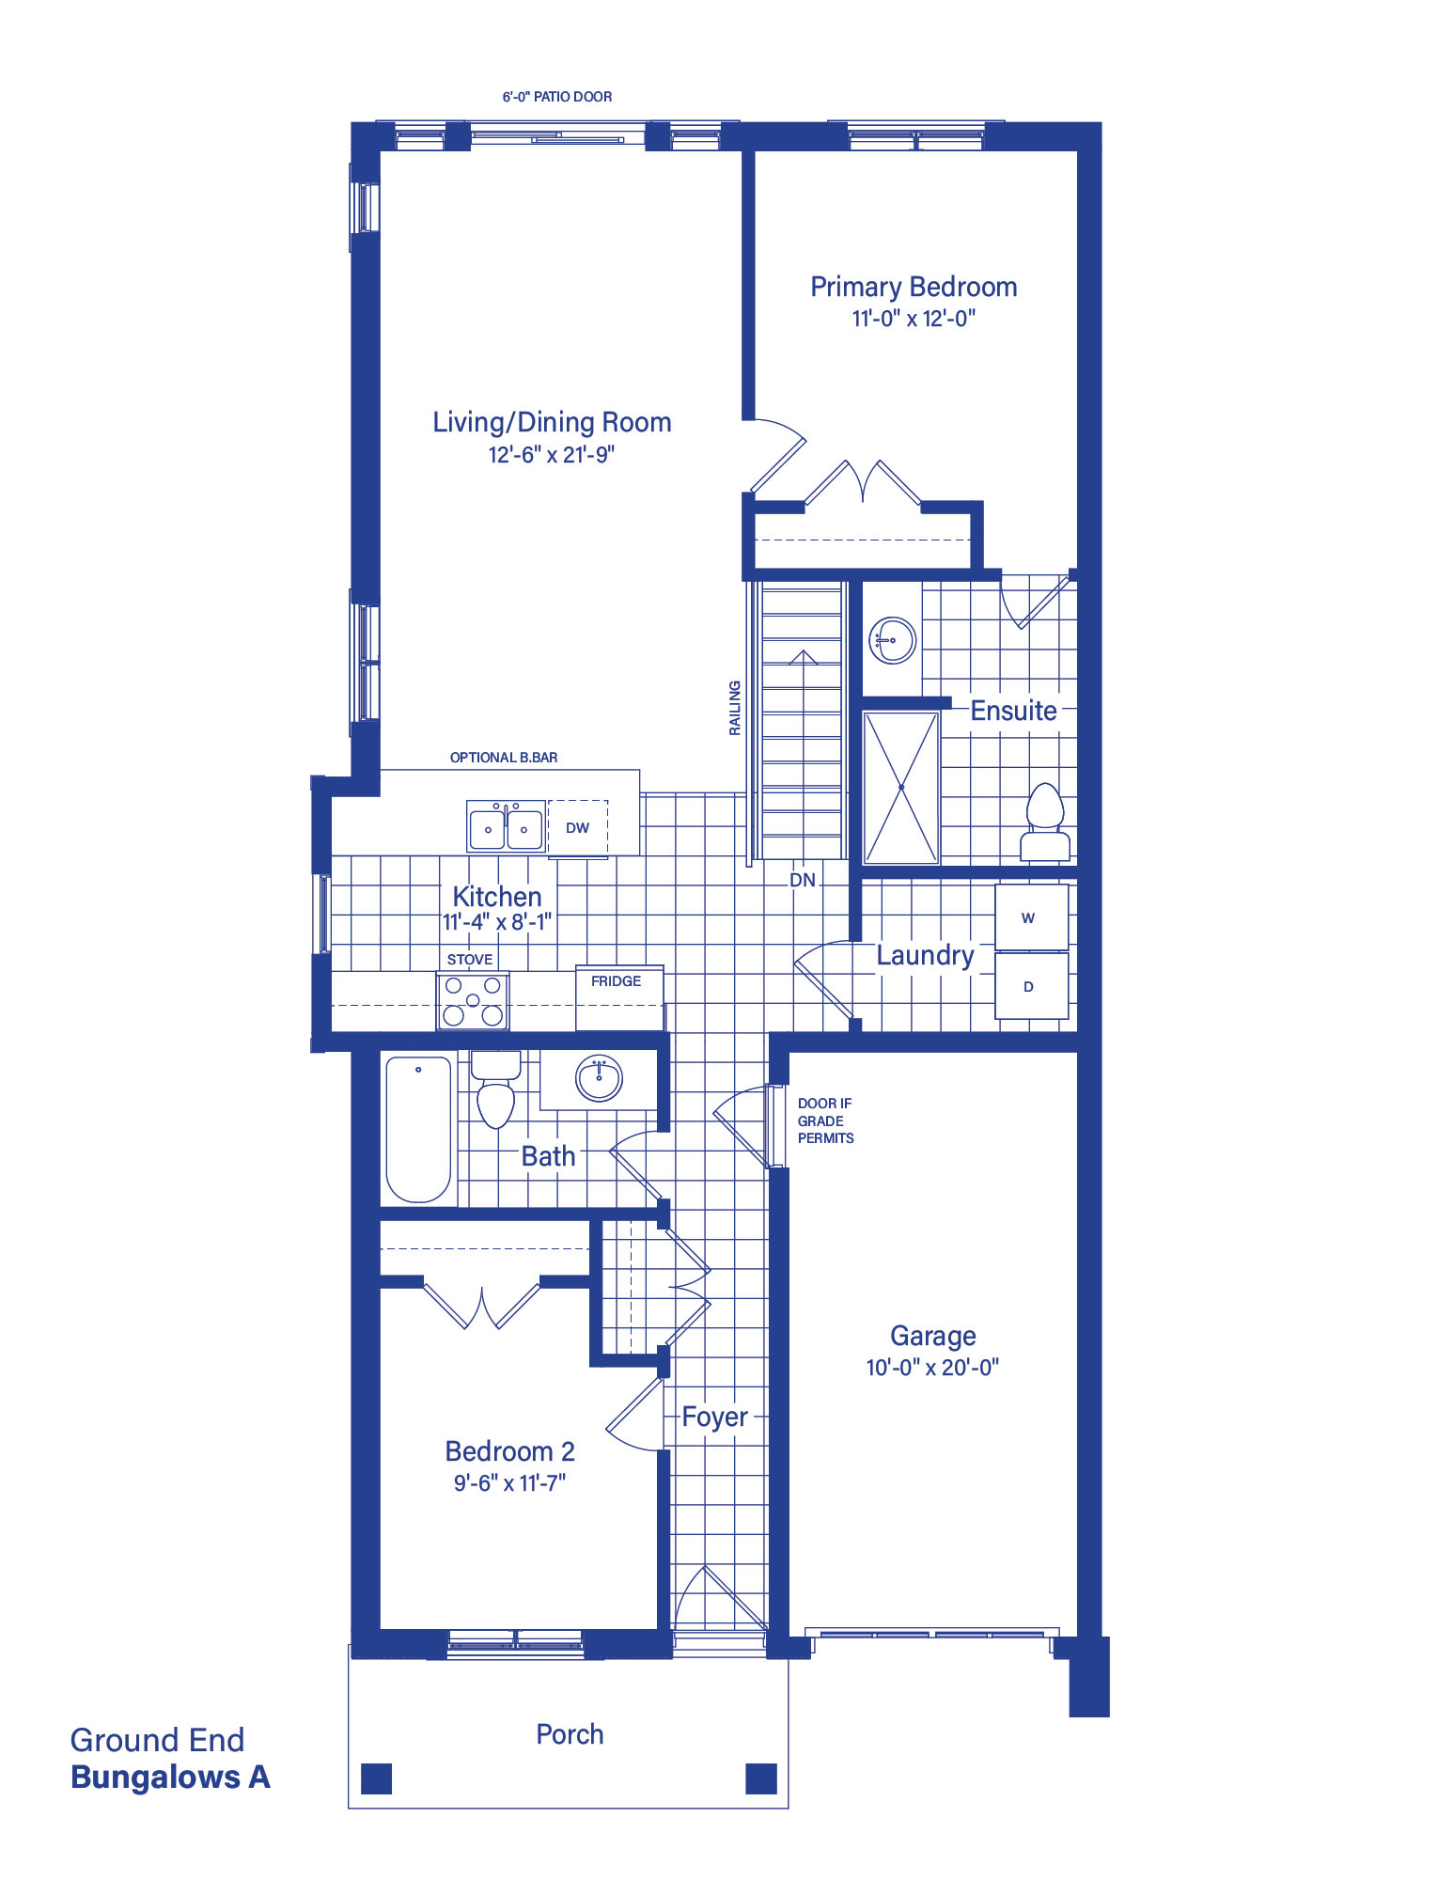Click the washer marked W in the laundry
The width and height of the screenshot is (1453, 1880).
coord(1031,916)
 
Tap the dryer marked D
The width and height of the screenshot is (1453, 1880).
coord(1031,986)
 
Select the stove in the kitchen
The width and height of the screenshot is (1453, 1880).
coord(473,1000)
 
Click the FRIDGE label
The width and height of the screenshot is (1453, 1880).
coord(617,980)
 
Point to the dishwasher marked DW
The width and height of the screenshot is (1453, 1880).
coord(578,827)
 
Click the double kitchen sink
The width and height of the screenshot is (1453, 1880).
coord(506,826)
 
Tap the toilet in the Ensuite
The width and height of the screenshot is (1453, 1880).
coord(1045,822)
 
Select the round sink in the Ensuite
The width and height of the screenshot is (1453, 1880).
coord(893,640)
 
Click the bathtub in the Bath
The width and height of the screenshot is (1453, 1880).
coord(418,1129)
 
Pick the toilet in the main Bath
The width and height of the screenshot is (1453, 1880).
coord(495,1089)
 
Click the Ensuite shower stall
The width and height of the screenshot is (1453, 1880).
coord(901,787)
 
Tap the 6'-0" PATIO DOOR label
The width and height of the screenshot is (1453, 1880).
coord(557,97)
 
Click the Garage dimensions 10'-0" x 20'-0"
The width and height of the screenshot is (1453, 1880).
coord(932,1368)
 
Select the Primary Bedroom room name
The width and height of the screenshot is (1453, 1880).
coord(914,287)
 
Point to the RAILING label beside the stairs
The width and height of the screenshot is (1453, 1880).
coord(735,708)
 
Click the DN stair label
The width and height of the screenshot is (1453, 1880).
coord(803,881)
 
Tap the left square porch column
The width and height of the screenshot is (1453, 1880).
coord(376,1778)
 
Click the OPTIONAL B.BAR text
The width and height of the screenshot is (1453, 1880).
coord(504,758)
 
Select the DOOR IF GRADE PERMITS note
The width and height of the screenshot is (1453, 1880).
coord(825,1120)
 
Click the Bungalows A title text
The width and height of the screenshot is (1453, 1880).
coord(170,1778)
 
